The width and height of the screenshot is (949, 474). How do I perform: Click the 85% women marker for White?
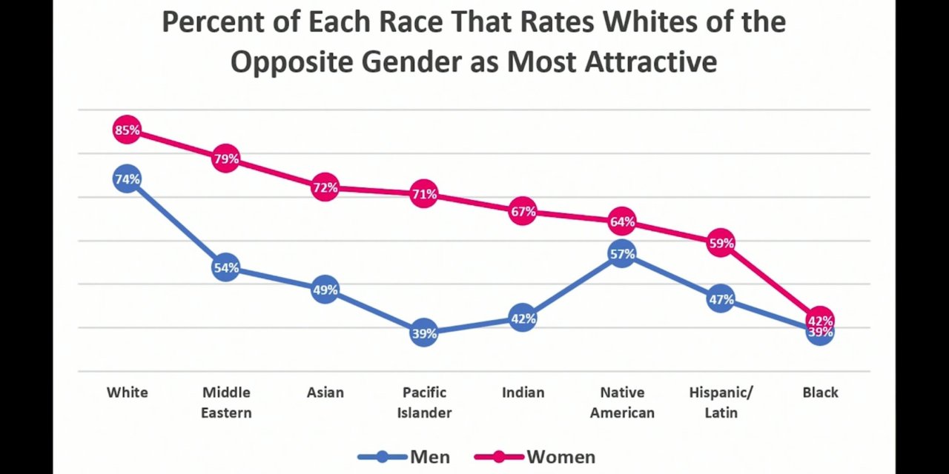(x=127, y=130)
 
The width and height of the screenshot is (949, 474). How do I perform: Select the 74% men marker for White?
(x=127, y=179)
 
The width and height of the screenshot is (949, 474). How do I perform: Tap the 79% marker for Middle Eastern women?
(x=226, y=158)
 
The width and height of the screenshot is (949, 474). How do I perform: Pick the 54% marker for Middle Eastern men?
(x=226, y=268)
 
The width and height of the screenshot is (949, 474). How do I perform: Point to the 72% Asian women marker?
(x=325, y=188)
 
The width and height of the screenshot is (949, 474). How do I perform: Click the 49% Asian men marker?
(x=325, y=290)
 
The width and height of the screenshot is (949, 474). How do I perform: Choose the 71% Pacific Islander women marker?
(x=424, y=194)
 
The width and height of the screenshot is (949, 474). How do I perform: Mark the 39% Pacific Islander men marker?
(x=424, y=333)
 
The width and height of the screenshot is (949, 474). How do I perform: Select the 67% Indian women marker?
(x=523, y=212)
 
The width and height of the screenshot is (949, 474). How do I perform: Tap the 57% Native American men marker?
(x=622, y=254)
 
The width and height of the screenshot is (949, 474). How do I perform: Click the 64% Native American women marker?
(x=622, y=221)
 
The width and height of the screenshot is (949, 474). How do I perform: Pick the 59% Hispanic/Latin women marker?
(x=721, y=243)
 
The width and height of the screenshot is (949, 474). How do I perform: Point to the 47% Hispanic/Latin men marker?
(x=721, y=299)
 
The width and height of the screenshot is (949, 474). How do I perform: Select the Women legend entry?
(x=545, y=457)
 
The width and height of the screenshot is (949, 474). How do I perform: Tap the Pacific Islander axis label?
(x=424, y=402)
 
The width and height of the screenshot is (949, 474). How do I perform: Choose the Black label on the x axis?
(x=820, y=393)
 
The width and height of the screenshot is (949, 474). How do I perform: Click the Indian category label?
(x=523, y=393)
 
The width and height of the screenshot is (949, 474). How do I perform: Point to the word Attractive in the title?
(x=650, y=62)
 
